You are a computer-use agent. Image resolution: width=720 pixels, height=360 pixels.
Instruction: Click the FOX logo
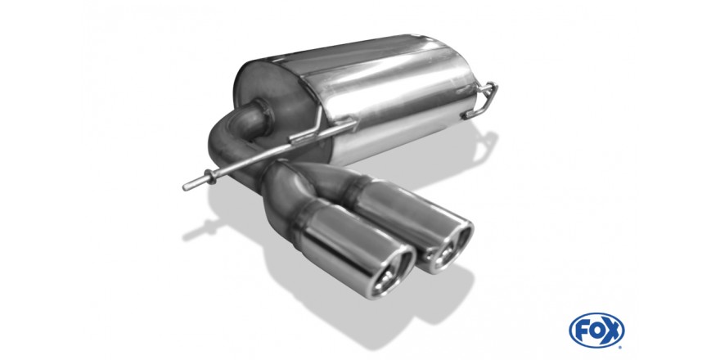596,331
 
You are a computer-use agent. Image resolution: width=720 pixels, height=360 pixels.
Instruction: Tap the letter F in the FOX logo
583,330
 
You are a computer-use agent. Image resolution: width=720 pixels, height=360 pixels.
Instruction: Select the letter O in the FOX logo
597,330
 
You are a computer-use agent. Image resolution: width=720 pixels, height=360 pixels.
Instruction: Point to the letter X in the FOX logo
613,330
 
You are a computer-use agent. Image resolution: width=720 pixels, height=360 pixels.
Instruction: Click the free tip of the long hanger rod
186,187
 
